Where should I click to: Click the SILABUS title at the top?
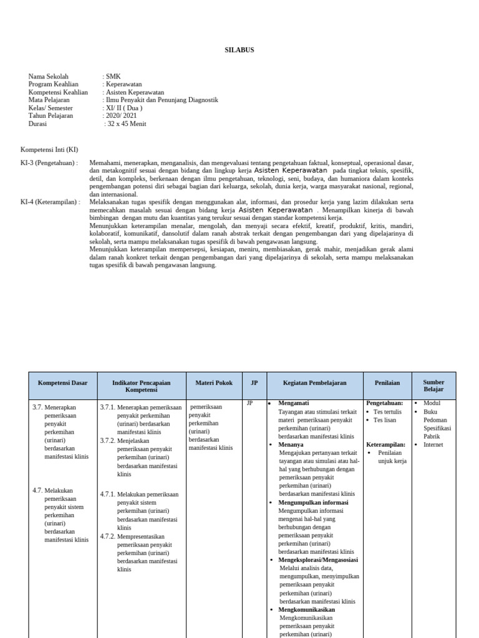pos(239,50)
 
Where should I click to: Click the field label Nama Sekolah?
pos(49,77)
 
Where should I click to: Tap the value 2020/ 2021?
pos(122,115)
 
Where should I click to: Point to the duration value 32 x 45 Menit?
pos(127,123)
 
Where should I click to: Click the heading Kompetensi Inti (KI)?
pos(49,150)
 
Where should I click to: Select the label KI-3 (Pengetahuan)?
pos(49,163)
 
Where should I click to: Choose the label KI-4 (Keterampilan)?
pos(51,202)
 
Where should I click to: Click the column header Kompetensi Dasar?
pos(63,383)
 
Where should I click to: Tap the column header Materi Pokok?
pos(214,383)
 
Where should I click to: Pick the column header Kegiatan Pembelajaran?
pos(314,383)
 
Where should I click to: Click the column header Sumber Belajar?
pos(433,386)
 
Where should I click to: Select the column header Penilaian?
pos(387,383)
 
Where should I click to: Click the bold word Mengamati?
pos(293,403)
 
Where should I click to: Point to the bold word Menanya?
pos(291,444)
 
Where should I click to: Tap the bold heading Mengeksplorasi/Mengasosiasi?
pos(318,559)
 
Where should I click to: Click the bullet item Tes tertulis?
pos(387,412)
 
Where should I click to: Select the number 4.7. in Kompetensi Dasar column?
pos(37,490)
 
